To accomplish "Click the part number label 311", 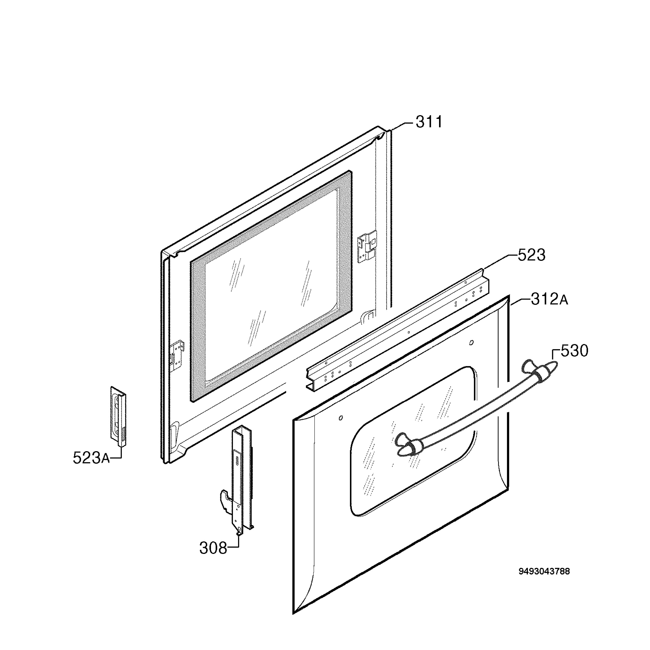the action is tap(429, 122).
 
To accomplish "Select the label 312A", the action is tap(550, 299).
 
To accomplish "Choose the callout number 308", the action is tap(213, 548).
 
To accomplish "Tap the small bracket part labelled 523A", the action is tap(118, 417).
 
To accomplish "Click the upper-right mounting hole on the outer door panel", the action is tap(471, 343).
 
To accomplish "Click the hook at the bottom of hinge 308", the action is tap(225, 498).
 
